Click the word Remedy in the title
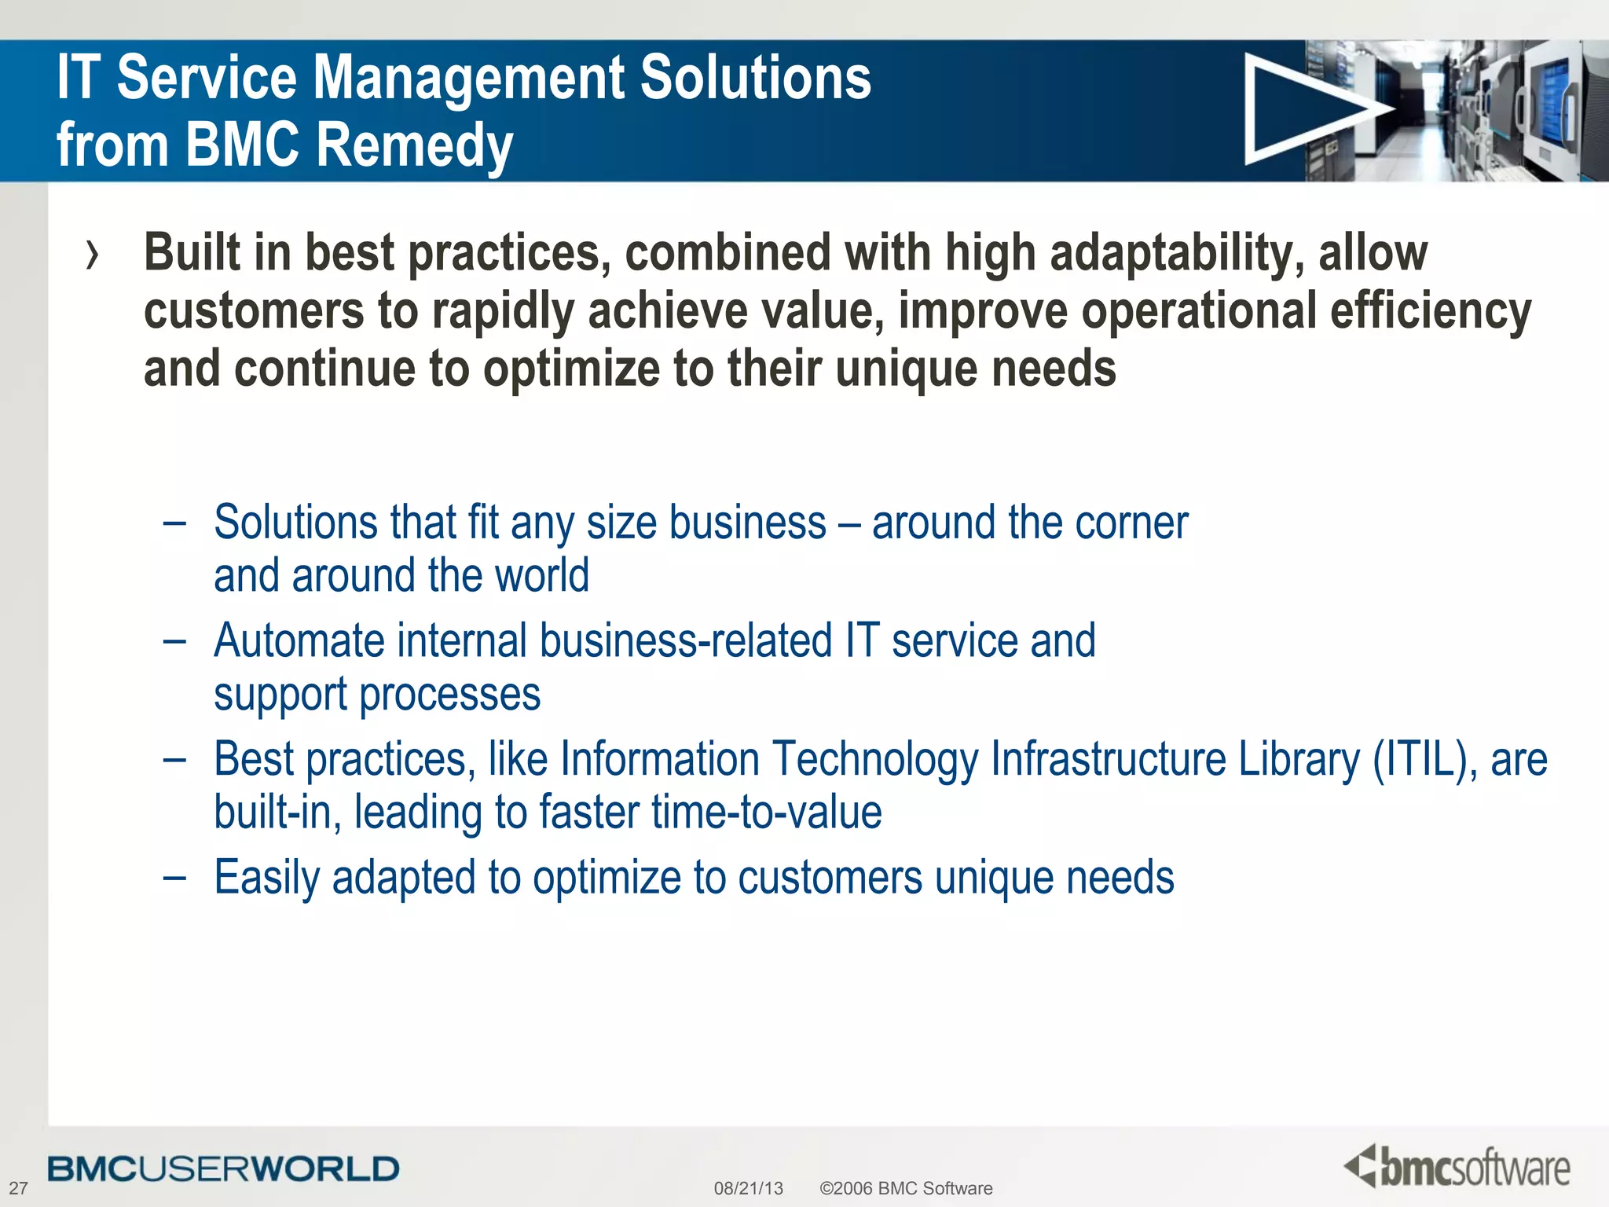[415, 145]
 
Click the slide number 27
[18, 1188]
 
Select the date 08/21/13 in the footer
[748, 1188]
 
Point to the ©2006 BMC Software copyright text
[906, 1188]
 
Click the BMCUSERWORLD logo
[223, 1169]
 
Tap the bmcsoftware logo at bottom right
[1457, 1166]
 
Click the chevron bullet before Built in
[93, 255]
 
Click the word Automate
[299, 640]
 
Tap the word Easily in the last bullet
[266, 877]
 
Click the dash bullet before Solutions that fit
[174, 523]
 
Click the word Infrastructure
[1108, 759]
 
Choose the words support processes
[377, 695]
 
